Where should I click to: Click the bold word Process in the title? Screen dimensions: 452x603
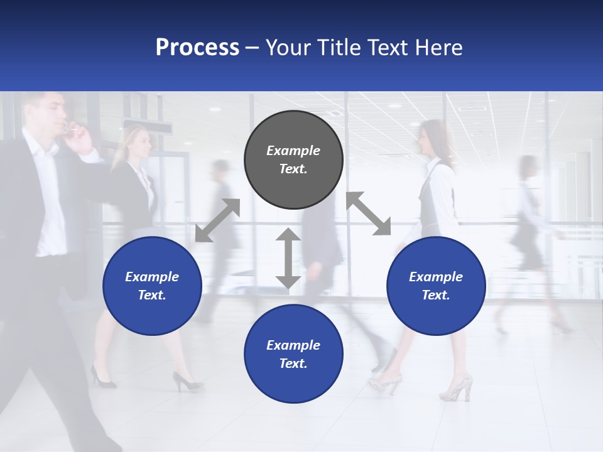click(x=197, y=48)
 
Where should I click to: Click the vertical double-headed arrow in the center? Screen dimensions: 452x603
click(x=288, y=258)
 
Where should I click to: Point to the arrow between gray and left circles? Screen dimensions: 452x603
click(x=217, y=220)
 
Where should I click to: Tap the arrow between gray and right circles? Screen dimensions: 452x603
click(x=368, y=213)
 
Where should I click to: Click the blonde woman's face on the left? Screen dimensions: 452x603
click(x=139, y=144)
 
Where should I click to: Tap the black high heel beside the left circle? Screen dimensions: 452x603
click(x=187, y=380)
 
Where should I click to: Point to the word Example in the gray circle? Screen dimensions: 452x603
click(x=293, y=151)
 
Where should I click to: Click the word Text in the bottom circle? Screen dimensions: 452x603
click(x=293, y=363)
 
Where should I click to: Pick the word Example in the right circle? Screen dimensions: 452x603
click(x=436, y=277)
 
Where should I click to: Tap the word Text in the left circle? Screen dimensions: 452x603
click(x=152, y=295)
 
